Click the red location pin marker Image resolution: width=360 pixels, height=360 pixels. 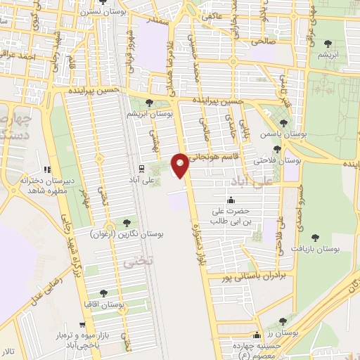pyautogui.click(x=180, y=165)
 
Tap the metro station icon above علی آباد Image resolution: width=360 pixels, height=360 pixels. pyautogui.click(x=141, y=169)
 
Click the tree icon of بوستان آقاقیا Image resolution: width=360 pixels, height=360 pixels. pyautogui.click(x=104, y=293)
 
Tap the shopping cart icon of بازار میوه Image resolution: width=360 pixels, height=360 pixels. pyautogui.click(x=83, y=326)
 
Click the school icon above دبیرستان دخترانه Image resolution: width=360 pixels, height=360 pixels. pyautogui.click(x=47, y=169)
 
